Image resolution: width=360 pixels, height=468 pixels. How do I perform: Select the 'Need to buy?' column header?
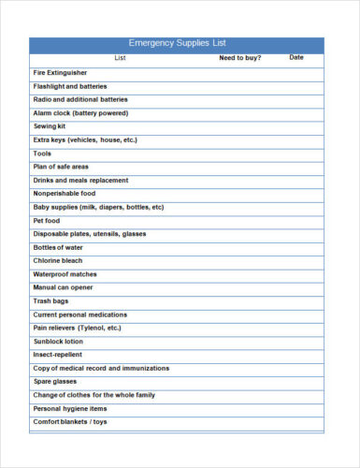[240, 58]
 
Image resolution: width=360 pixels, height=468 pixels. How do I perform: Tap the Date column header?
[296, 58]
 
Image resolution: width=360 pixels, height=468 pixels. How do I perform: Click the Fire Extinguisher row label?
[61, 72]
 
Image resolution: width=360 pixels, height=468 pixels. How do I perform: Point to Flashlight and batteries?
[70, 85]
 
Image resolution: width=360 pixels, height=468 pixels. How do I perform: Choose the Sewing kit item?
[50, 125]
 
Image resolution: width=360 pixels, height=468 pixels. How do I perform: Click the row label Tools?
[43, 153]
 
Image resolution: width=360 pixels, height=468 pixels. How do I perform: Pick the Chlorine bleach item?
[58, 261]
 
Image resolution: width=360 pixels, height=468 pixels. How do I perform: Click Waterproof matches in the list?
[65, 274]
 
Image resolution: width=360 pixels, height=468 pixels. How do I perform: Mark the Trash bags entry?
[50, 301]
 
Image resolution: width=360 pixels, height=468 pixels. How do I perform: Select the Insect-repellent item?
[58, 356]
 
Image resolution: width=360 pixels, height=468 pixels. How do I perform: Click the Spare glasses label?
[56, 382]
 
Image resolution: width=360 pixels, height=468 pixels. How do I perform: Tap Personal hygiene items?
[70, 409]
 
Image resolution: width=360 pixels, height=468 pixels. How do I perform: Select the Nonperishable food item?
[65, 194]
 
